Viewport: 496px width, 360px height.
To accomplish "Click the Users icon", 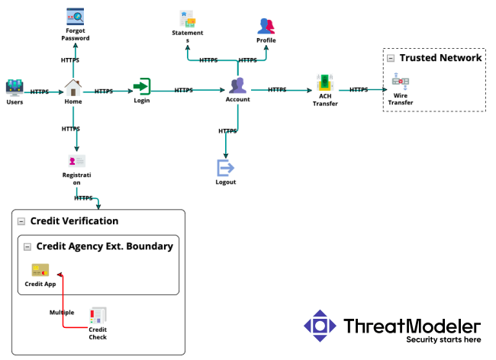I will [x=14, y=88].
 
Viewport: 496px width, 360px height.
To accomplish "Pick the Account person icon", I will [x=237, y=85].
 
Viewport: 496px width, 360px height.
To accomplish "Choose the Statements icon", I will [x=187, y=18].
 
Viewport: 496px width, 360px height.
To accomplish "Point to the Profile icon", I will [x=266, y=27].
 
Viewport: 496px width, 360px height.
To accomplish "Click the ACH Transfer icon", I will [x=325, y=83].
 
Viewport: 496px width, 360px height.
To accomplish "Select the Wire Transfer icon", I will [x=400, y=82].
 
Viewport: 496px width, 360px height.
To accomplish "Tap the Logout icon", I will [x=226, y=168].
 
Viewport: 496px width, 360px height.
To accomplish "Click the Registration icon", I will [x=76, y=161].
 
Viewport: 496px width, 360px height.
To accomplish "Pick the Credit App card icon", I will [x=40, y=271].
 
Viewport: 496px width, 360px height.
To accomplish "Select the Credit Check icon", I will [x=98, y=316].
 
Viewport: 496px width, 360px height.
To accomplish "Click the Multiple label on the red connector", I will [x=62, y=313].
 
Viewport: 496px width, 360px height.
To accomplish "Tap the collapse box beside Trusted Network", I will [x=391, y=58].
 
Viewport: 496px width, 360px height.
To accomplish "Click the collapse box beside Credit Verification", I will [x=21, y=221].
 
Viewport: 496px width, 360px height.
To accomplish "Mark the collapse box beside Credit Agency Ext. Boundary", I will [x=27, y=246].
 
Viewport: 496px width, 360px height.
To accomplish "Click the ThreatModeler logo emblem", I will [x=320, y=326].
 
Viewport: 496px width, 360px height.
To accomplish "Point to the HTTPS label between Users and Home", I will [x=40, y=92].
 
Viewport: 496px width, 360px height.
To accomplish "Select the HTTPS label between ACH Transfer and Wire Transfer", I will [x=359, y=90].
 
